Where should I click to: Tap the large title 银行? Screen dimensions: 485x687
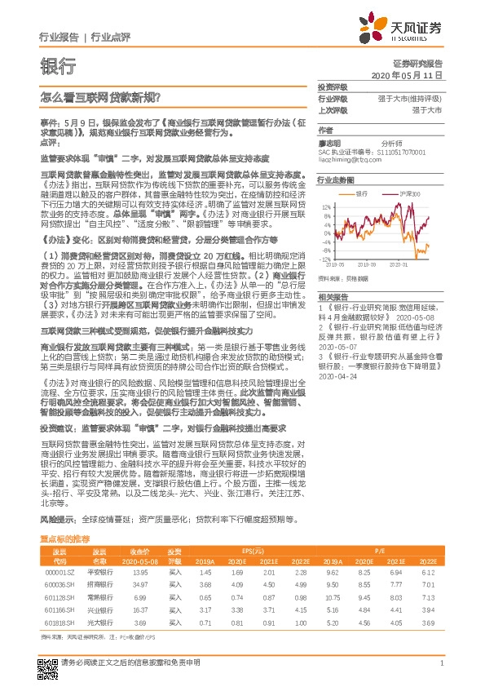click(58, 67)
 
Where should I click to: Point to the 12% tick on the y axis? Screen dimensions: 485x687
click(326, 206)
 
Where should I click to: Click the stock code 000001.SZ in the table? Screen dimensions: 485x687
click(60, 573)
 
